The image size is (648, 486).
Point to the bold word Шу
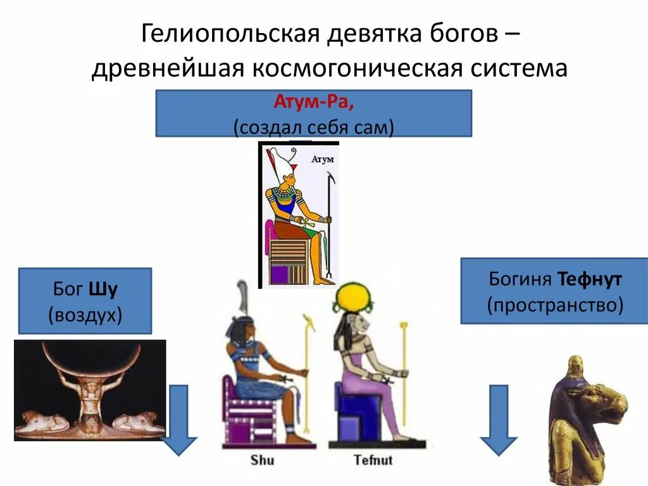(x=104, y=290)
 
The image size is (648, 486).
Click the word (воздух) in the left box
(x=85, y=314)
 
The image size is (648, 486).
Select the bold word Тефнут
(x=590, y=279)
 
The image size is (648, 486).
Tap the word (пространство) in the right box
(x=554, y=305)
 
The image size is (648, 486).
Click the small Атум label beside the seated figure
(x=323, y=160)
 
